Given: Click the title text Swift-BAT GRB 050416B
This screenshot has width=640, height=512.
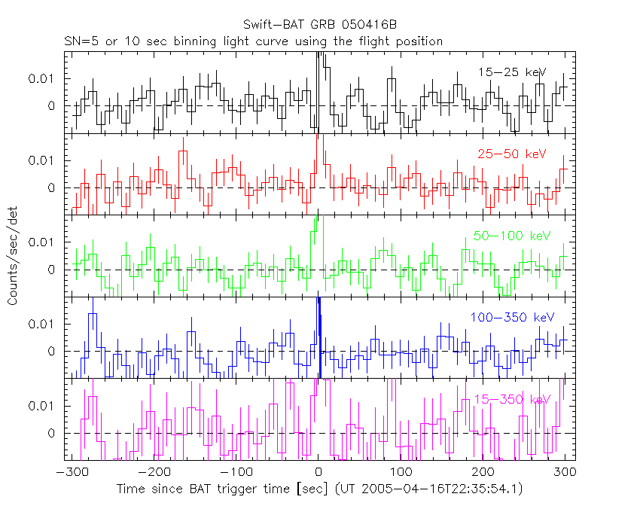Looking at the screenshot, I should (x=320, y=26).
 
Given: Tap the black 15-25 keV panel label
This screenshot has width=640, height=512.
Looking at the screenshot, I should (x=512, y=72).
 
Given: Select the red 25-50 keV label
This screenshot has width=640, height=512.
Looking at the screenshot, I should (x=511, y=154).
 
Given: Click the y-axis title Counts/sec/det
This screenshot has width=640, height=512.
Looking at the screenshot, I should (x=13, y=256).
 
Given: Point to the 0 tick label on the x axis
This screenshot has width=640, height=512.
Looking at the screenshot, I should (x=319, y=472).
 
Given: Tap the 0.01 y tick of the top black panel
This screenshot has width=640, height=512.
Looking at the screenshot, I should (x=42, y=78).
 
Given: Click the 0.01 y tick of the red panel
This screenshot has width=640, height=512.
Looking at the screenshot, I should (x=42, y=160).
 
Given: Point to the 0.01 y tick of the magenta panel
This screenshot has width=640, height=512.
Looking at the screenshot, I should (x=42, y=406).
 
